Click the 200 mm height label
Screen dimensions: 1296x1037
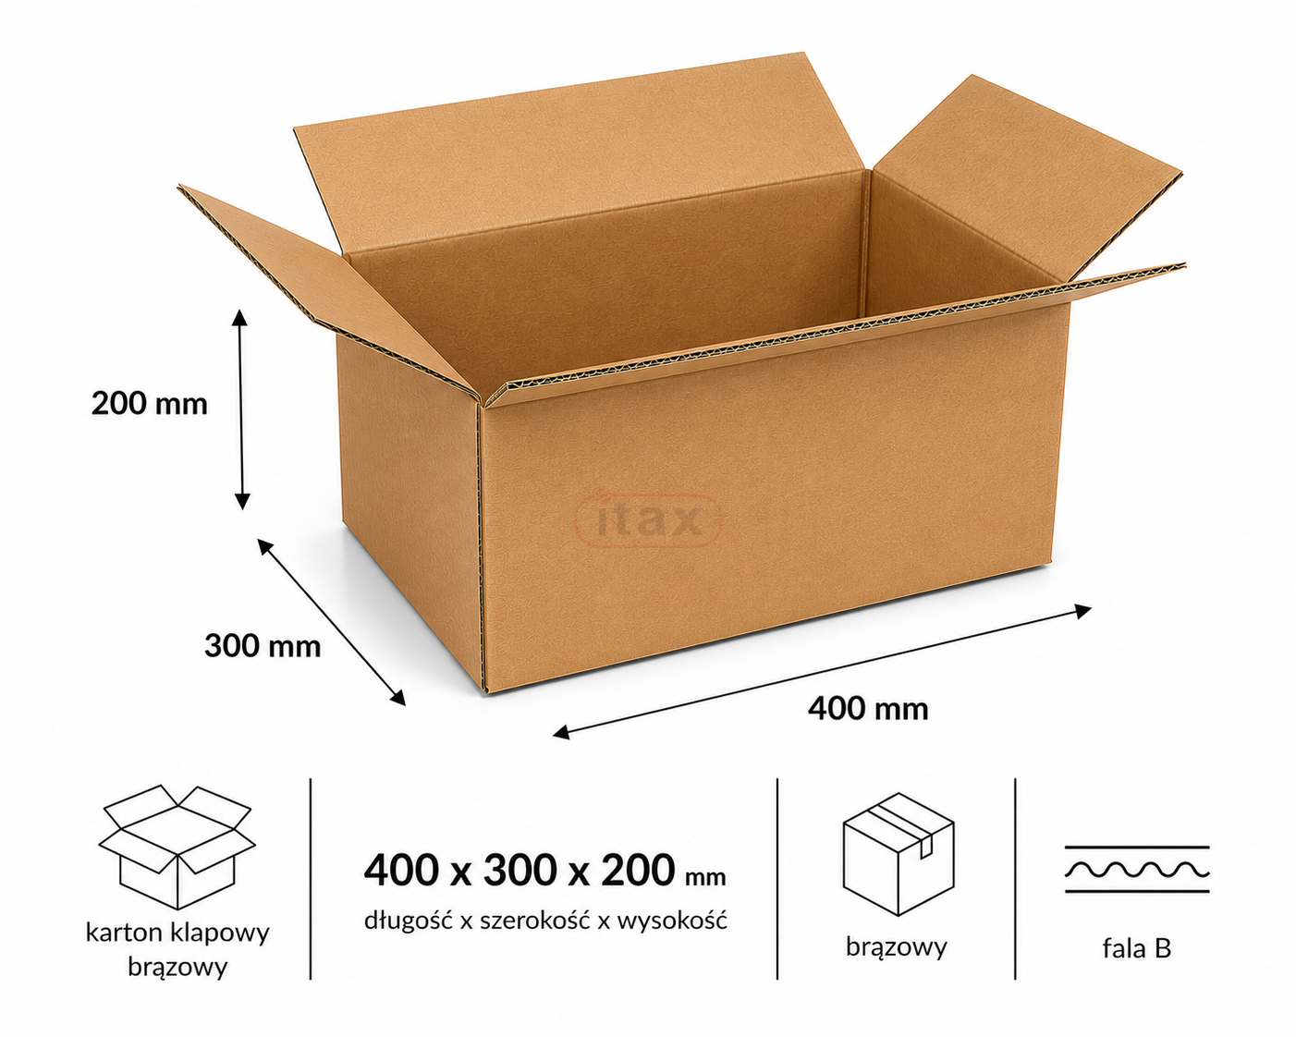coord(150,404)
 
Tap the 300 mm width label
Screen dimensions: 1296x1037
coord(263,646)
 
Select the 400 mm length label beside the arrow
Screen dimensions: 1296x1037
coord(868,709)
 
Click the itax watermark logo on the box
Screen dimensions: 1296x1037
coord(649,519)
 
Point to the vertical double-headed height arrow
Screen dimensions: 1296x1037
coord(241,409)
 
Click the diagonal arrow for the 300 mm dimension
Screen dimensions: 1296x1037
coord(332,622)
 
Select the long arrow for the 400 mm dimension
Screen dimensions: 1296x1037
coord(822,672)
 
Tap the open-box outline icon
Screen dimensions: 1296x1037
coord(177,846)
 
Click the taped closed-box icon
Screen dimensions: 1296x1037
coord(898,854)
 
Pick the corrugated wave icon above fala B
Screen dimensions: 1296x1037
coord(1137,870)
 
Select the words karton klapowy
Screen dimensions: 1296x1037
coord(177,933)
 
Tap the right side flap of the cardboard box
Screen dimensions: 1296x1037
coord(1024,180)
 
